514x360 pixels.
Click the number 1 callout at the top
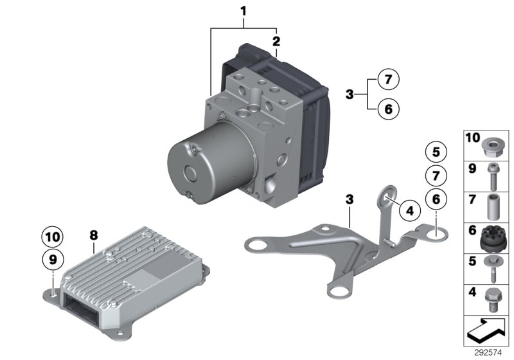(244, 10)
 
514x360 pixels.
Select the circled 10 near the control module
(53, 237)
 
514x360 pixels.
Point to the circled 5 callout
(436, 152)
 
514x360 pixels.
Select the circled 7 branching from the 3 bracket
(388, 80)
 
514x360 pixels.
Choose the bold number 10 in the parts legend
(472, 138)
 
